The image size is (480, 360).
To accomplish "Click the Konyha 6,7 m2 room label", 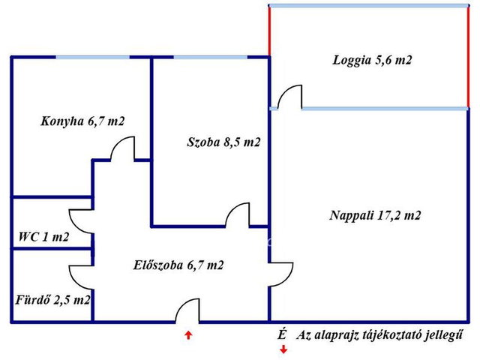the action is point(82,121).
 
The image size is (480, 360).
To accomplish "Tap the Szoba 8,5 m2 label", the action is point(223,142).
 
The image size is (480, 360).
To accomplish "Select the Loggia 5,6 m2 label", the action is point(372,60).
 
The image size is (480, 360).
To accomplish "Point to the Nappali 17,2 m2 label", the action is point(375,215).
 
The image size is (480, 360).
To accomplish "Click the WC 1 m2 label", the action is point(43,237).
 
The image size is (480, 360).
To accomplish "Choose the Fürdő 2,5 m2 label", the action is point(52,300).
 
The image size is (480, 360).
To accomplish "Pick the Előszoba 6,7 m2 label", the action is point(178,265).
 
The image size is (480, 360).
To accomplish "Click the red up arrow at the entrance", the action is point(188,335).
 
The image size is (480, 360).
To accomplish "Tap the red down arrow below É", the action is point(283,349).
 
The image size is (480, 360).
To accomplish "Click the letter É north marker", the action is point(282,335).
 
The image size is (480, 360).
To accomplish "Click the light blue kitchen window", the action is point(93,57).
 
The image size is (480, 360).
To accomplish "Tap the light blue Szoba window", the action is point(211,57).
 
